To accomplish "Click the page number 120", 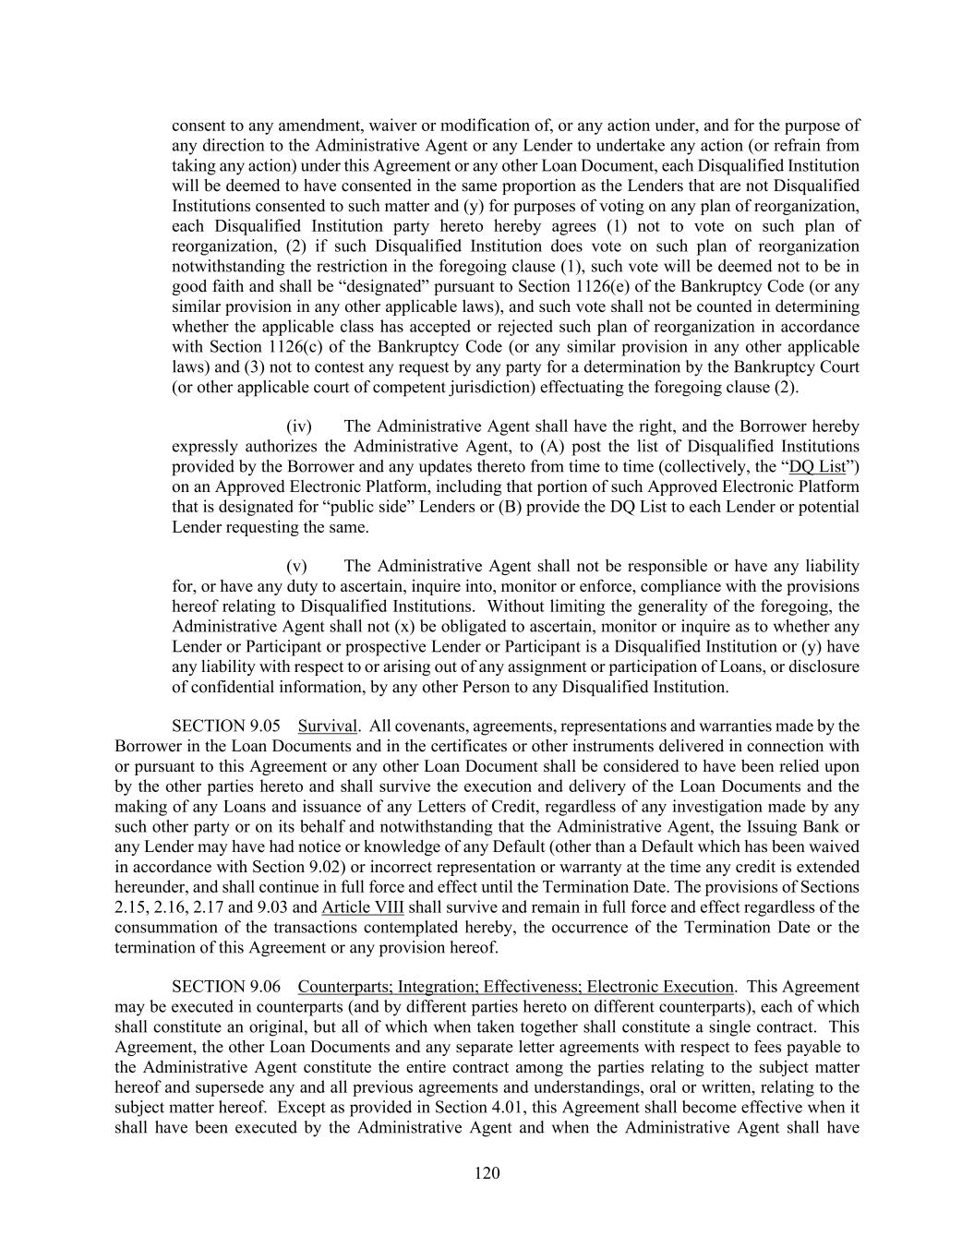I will (x=487, y=1173).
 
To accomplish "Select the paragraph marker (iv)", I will (x=299, y=426).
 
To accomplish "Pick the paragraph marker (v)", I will (x=296, y=566).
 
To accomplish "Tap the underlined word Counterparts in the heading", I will (x=346, y=986).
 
